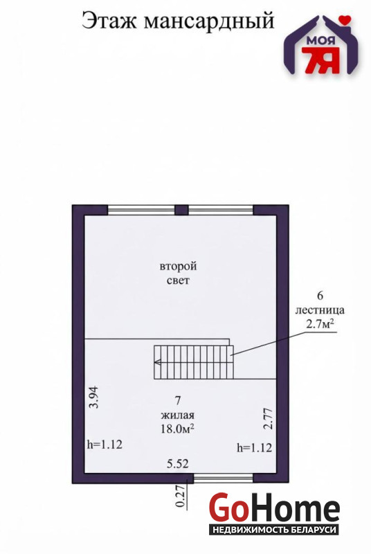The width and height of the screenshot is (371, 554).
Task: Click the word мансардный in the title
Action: coord(209,22)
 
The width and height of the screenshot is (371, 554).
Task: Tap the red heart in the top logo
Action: coord(345,20)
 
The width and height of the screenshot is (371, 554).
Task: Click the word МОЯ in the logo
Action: coord(321,41)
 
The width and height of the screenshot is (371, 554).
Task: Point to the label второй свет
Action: coord(179,273)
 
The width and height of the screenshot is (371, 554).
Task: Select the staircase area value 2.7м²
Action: coord(320,324)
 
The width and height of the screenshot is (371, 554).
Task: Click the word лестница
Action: coord(320,310)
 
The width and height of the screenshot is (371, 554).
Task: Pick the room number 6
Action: coord(320,295)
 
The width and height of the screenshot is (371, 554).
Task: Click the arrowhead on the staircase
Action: coord(158,361)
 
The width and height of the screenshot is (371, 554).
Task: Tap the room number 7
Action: coord(178,400)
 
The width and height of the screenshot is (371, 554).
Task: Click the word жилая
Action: coord(178,415)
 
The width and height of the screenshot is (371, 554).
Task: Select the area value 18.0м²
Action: coord(178,429)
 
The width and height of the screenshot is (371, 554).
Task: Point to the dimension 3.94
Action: coord(94,397)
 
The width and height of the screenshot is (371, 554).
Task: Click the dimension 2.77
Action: coord(269,419)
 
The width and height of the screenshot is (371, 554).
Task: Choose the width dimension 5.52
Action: coord(178,463)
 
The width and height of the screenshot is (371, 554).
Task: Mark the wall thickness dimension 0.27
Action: coord(181,497)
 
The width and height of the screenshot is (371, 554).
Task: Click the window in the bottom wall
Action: coord(224,479)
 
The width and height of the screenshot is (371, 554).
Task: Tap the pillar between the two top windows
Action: coord(181,210)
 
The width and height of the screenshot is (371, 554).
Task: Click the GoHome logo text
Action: coord(274,508)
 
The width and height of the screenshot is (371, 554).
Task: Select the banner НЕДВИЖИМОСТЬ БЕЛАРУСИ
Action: coord(274,530)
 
